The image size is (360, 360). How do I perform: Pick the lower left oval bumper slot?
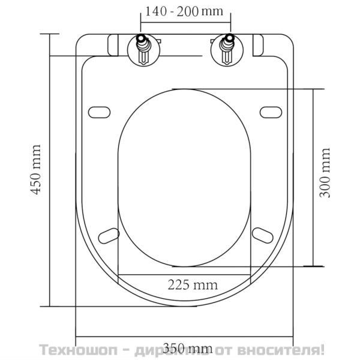click(108, 233)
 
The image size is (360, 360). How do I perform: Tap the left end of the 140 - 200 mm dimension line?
click(140, 23)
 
